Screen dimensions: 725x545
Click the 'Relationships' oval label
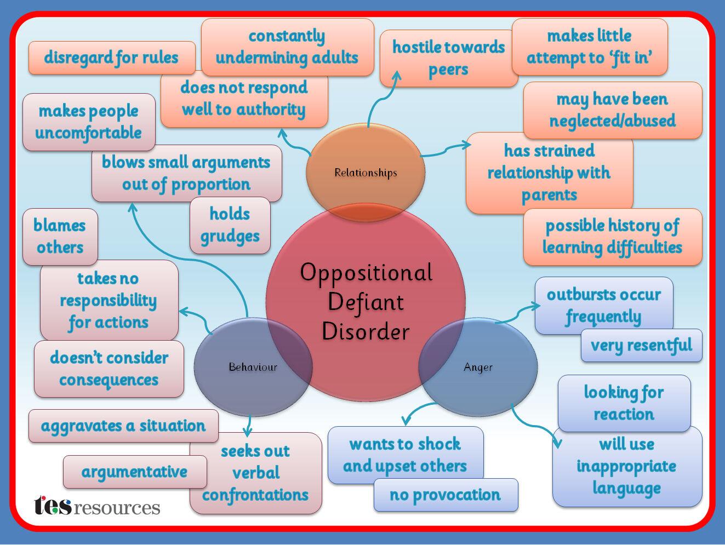click(x=366, y=173)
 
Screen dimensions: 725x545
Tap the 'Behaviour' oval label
click(x=253, y=367)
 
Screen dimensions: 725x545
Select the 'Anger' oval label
click(x=478, y=368)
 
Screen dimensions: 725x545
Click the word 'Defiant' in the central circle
click(x=366, y=302)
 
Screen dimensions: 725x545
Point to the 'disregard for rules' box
click(x=112, y=58)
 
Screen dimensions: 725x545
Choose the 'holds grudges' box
click(x=230, y=226)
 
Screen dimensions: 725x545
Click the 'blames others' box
click(x=60, y=237)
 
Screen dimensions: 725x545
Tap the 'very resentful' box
click(x=641, y=345)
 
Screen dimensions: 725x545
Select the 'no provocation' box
click(x=446, y=495)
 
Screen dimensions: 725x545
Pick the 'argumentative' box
click(x=134, y=472)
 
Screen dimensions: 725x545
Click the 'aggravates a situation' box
click(x=123, y=426)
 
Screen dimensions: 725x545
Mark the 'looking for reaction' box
click(x=624, y=403)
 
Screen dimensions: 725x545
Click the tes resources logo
click(x=97, y=506)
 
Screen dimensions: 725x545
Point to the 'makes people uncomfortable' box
click(x=89, y=122)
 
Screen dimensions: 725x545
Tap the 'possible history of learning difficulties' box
click(x=612, y=237)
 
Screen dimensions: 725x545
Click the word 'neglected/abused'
click(x=612, y=121)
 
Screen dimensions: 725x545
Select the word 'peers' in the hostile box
click(x=448, y=70)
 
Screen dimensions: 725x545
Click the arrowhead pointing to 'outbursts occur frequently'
click(x=536, y=307)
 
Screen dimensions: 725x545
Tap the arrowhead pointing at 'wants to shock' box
click(x=406, y=421)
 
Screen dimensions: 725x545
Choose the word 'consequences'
click(x=109, y=380)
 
